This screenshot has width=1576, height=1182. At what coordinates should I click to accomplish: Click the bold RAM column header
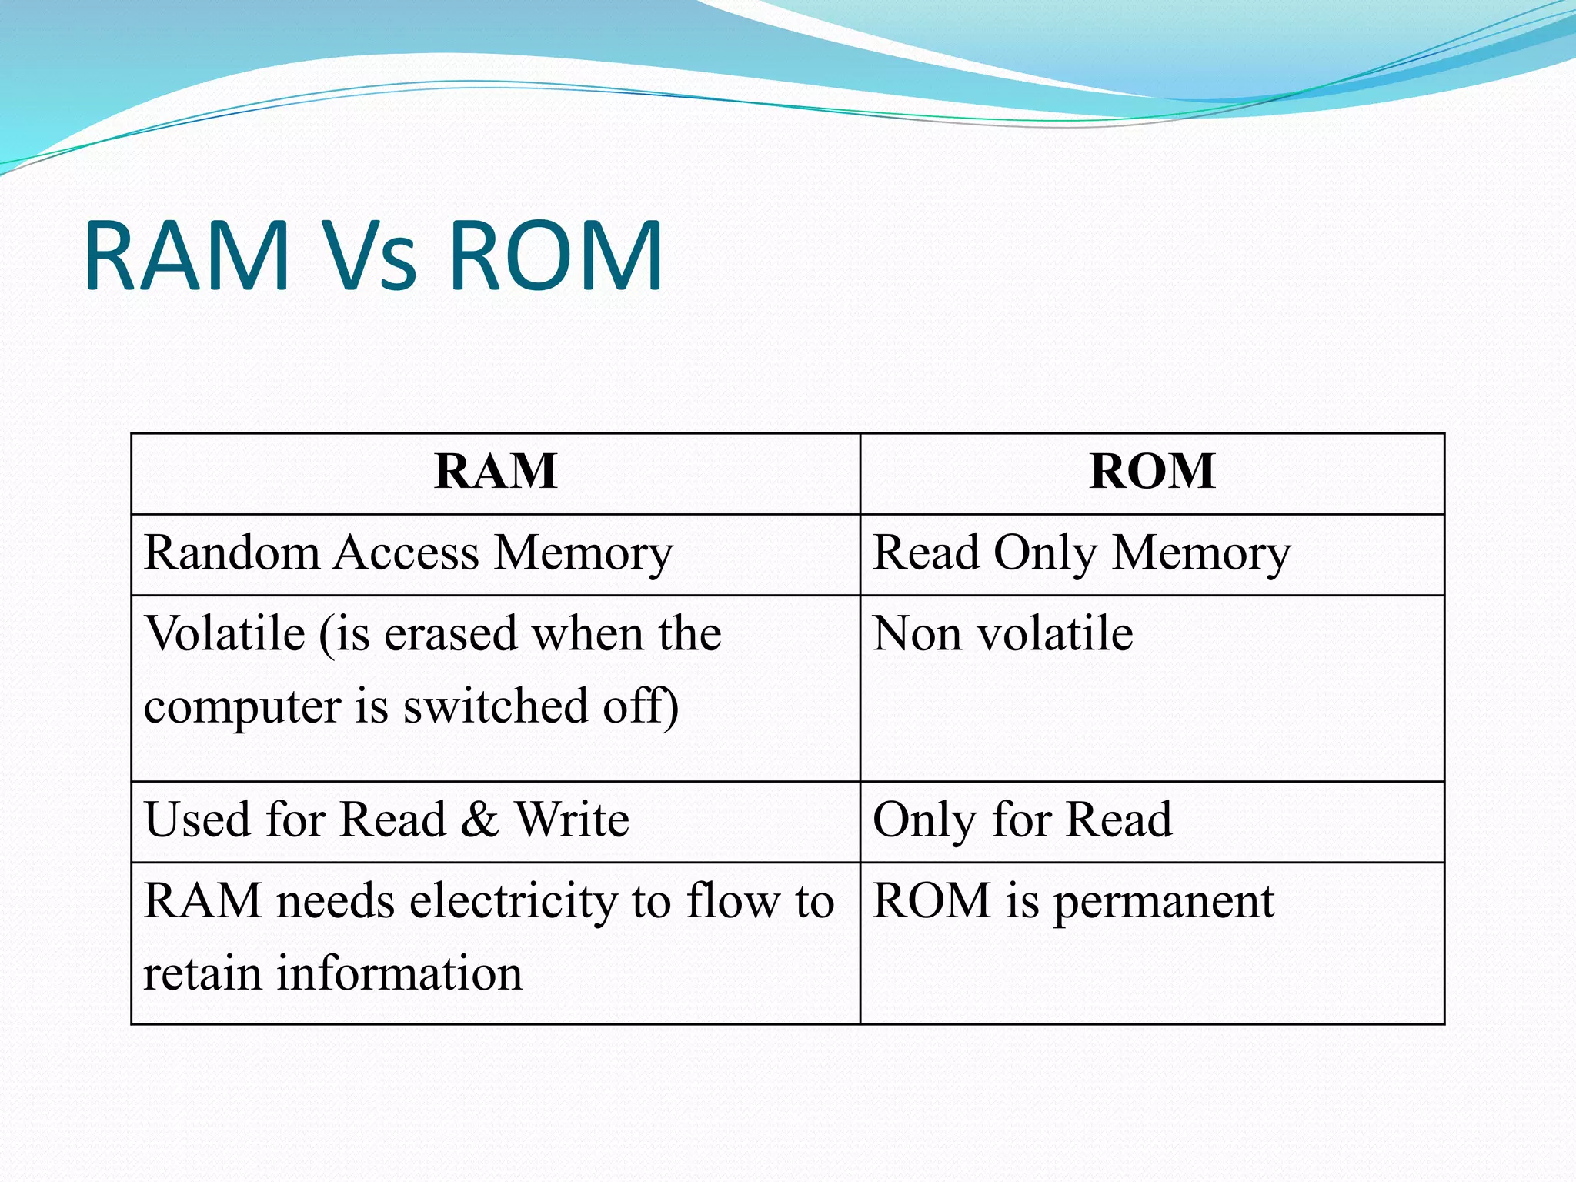pyautogui.click(x=496, y=471)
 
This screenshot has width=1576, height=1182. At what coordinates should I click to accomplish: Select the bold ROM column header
pyautogui.click(x=1152, y=471)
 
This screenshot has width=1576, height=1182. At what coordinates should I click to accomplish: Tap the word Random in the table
pyautogui.click(x=231, y=553)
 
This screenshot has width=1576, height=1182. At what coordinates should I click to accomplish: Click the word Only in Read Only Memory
pyautogui.click(x=1045, y=553)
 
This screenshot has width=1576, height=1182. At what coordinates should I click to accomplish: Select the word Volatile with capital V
pyautogui.click(x=225, y=634)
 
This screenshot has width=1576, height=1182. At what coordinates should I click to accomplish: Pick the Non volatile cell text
pyautogui.click(x=1003, y=634)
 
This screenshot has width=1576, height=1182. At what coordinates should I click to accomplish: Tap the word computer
pyautogui.click(x=242, y=706)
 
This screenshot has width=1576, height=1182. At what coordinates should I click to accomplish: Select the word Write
pyautogui.click(x=572, y=819)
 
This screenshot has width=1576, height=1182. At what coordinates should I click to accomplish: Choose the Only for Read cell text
pyautogui.click(x=1023, y=819)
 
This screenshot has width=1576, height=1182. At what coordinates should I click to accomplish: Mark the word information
pyautogui.click(x=399, y=973)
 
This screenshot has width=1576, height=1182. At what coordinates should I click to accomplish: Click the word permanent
pyautogui.click(x=1164, y=902)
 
